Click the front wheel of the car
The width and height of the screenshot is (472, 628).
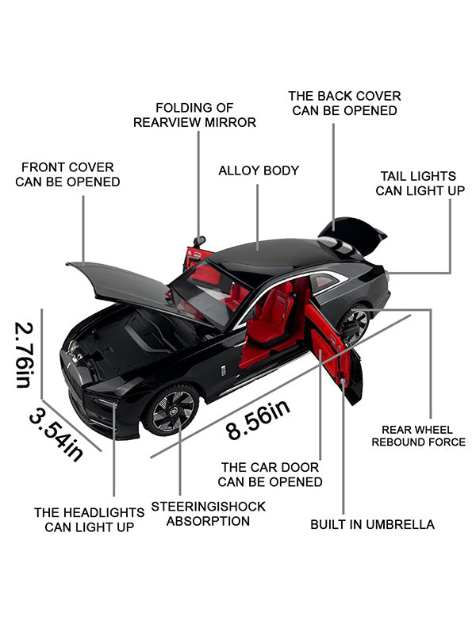(x=171, y=409)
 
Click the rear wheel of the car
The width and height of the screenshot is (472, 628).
(x=355, y=324)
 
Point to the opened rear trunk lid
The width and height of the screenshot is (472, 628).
(x=352, y=235)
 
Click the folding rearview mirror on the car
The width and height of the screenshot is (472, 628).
(x=199, y=241)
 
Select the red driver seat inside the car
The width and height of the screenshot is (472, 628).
(x=272, y=317)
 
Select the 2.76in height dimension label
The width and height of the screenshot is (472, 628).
(x=25, y=354)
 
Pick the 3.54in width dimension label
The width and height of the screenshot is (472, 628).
(x=56, y=435)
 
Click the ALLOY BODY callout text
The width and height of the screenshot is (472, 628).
(x=259, y=170)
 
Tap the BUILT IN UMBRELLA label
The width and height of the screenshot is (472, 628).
(x=372, y=524)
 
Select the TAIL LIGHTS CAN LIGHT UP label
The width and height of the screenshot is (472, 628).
(x=420, y=183)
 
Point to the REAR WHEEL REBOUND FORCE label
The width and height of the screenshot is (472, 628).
(x=418, y=436)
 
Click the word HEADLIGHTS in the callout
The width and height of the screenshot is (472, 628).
(x=104, y=513)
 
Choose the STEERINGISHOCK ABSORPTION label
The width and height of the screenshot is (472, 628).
(x=208, y=514)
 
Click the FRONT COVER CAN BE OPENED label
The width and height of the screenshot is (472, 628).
(x=67, y=174)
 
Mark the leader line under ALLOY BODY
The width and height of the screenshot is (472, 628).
(x=257, y=217)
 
